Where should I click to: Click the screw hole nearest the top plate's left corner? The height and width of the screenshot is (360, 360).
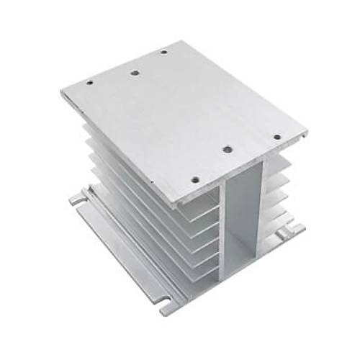click(89, 82)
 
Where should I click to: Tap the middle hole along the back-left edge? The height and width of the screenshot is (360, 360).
click(133, 71)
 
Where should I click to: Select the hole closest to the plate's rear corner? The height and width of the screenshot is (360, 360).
click(163, 52)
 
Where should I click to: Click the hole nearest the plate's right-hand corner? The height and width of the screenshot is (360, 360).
click(276, 135)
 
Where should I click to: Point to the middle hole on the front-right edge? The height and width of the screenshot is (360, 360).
click(227, 149)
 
